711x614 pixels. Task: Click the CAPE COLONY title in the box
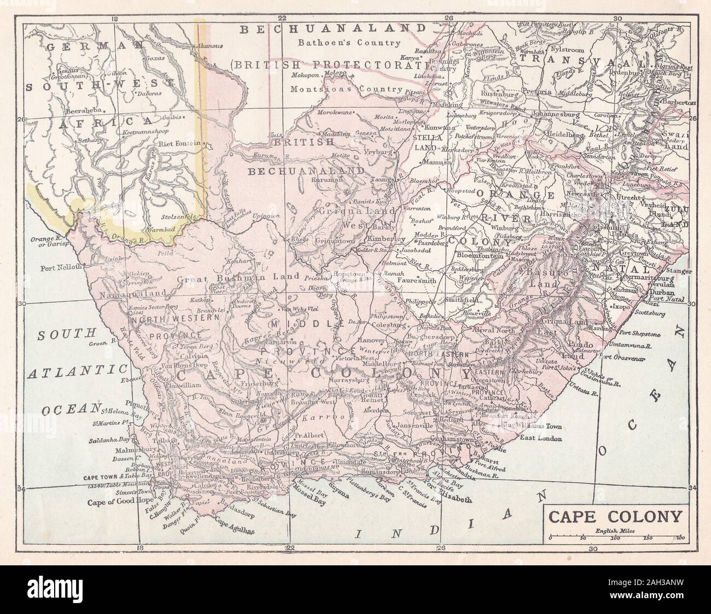pyautogui.click(x=615, y=516)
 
